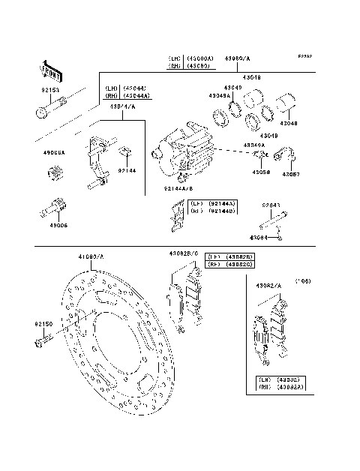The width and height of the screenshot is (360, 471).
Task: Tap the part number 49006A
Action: click(x=54, y=153)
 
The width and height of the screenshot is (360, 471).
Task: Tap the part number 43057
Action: click(x=291, y=174)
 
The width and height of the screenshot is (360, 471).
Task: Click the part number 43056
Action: click(x=261, y=172)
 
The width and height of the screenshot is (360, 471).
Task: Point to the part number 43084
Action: click(x=259, y=238)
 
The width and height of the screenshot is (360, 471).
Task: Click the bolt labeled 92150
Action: click(x=42, y=343)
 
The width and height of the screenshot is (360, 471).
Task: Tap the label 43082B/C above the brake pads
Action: click(x=183, y=254)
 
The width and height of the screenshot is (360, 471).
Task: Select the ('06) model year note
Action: click(x=302, y=280)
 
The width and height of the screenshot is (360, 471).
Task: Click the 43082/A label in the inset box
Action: click(x=268, y=286)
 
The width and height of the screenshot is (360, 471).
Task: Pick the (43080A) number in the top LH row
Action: click(x=202, y=58)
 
